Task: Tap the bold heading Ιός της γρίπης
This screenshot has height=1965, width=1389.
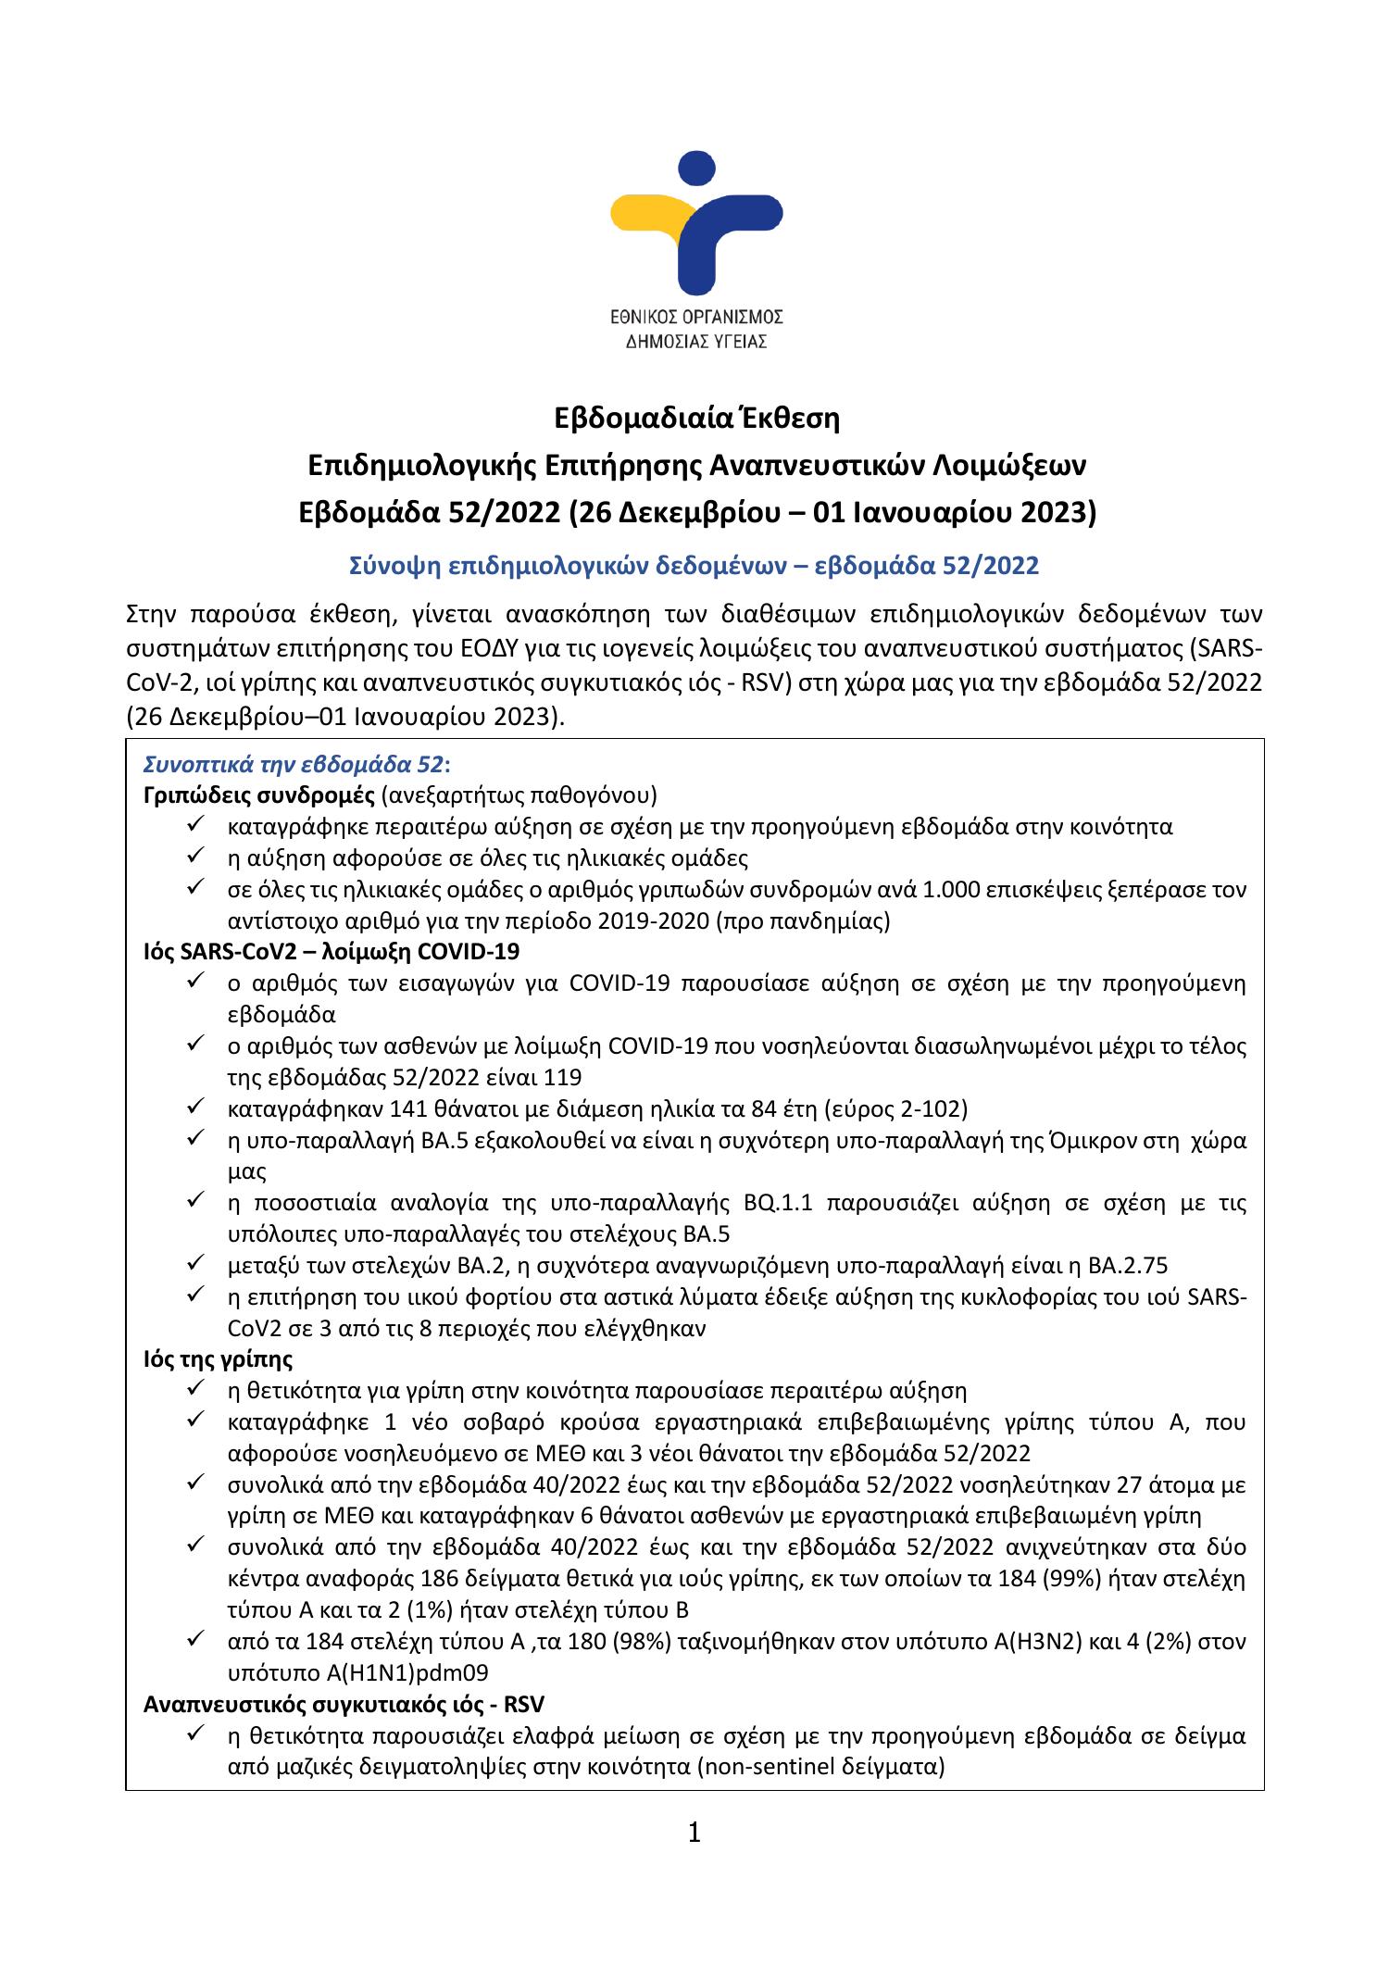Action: (x=219, y=1360)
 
